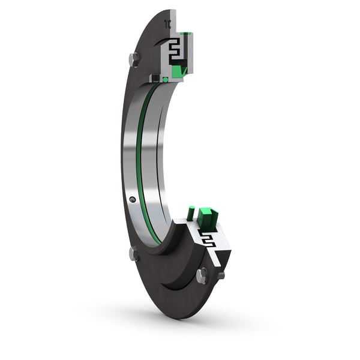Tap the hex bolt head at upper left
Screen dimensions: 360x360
134,59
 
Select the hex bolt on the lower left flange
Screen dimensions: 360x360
134,254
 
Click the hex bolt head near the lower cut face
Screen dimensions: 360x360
202,275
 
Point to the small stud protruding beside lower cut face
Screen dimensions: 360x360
221,275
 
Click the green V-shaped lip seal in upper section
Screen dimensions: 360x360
179,71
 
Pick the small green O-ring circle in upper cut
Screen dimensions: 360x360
165,79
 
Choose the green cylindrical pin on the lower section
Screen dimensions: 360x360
191,212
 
